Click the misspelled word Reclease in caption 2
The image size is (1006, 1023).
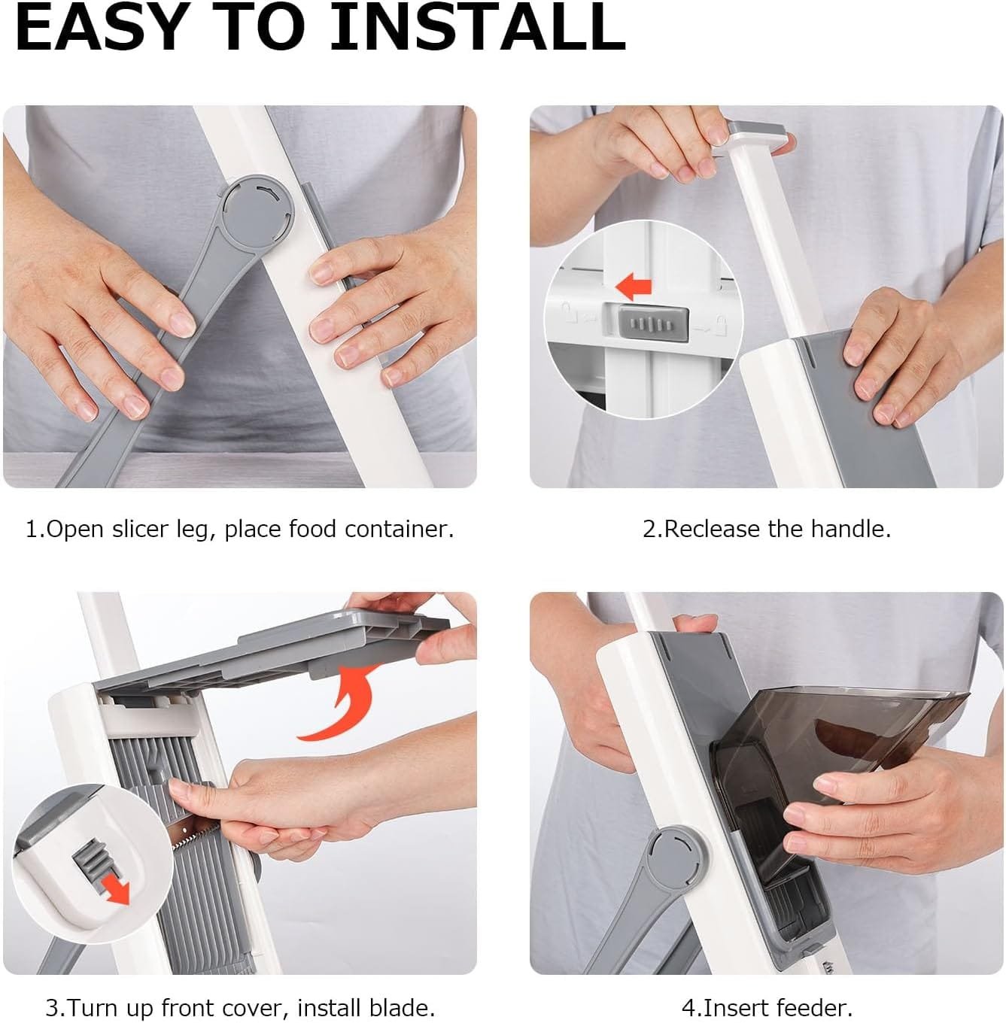coord(711,530)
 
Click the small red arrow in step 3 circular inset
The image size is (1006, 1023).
coord(117,888)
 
